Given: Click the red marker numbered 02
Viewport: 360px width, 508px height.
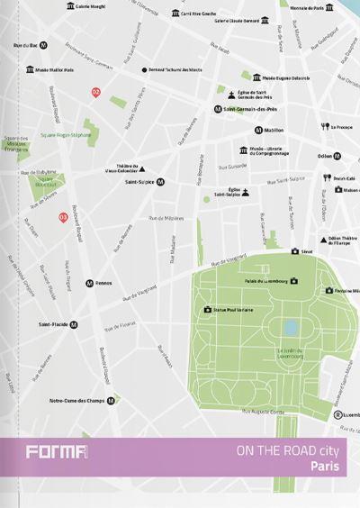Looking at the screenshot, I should click(x=96, y=92).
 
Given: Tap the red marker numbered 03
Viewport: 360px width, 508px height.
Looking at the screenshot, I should click(x=63, y=217).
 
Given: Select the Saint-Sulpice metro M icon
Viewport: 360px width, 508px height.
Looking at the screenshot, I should click(x=160, y=181).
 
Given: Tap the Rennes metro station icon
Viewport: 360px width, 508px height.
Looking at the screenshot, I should click(x=89, y=283).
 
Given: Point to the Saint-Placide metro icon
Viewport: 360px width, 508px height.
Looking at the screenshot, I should click(x=74, y=324).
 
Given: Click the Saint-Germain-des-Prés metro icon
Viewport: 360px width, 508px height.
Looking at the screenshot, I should click(x=218, y=109).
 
